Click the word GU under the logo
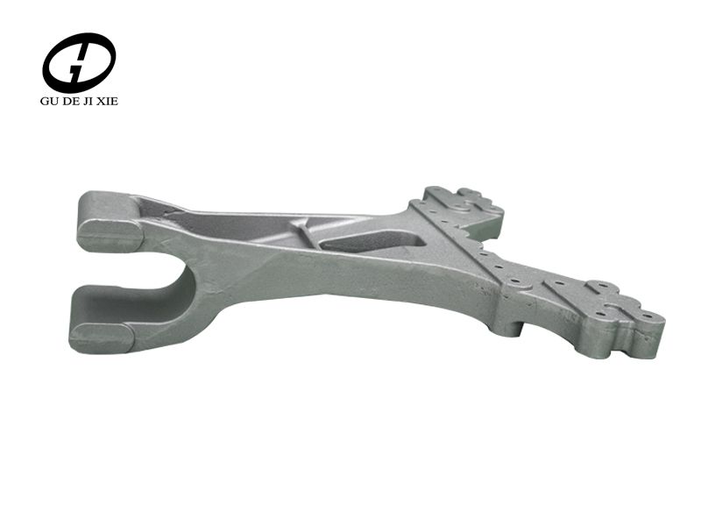(50, 101)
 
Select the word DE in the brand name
(73, 101)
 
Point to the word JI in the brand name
(94, 101)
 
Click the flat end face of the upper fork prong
(110, 235)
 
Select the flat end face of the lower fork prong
(101, 337)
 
